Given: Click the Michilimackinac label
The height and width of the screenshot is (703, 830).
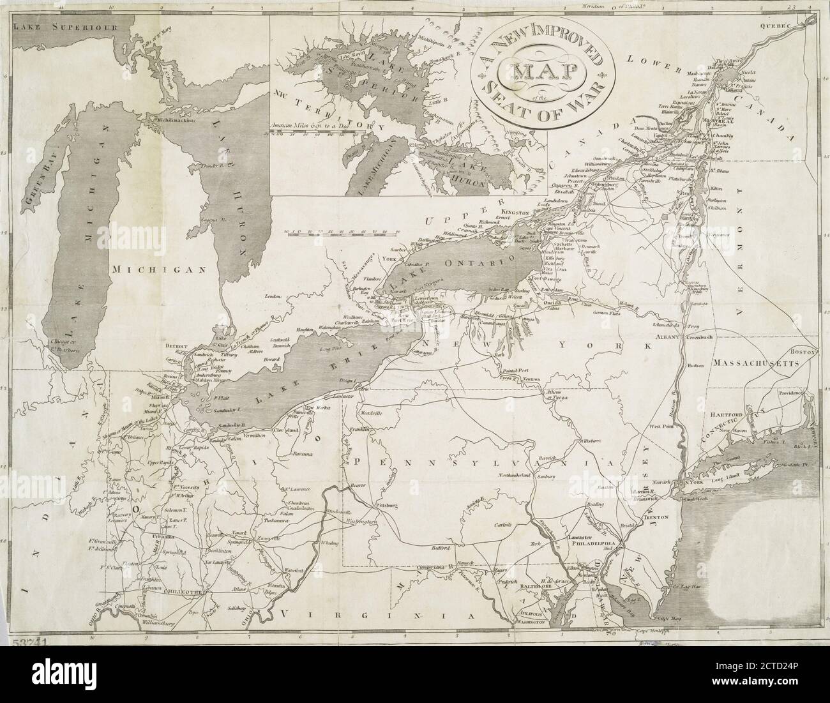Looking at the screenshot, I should tap(180, 119).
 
